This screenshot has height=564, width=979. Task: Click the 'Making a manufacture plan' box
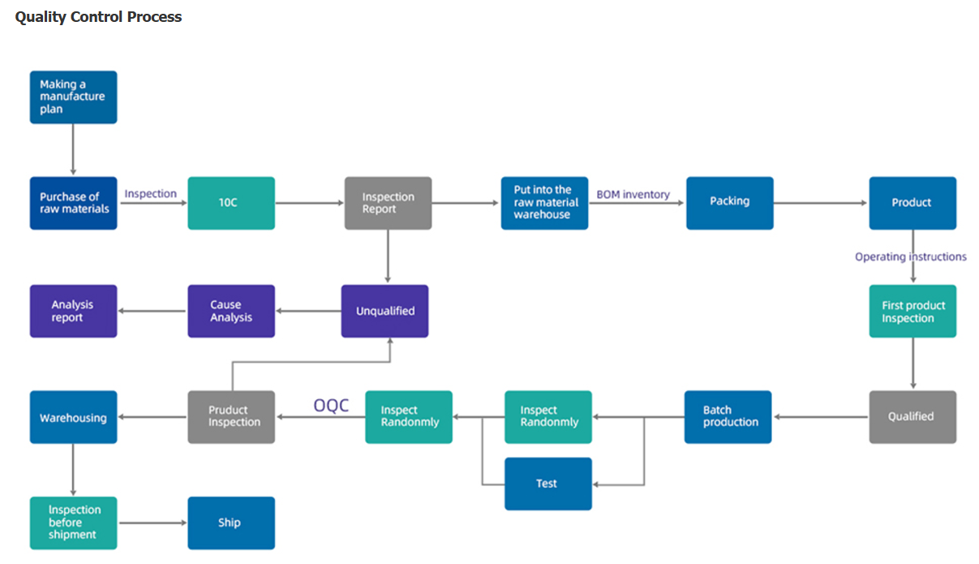click(x=74, y=97)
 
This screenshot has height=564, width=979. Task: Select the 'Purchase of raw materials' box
click(x=74, y=203)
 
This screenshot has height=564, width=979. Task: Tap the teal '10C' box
click(x=231, y=203)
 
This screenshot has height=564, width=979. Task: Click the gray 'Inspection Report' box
click(x=388, y=203)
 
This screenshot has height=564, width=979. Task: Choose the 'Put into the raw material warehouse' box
click(x=544, y=203)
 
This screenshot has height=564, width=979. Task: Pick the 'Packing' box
click(x=730, y=203)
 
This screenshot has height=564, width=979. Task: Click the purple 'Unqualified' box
click(x=384, y=311)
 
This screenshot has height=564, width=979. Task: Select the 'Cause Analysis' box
click(x=231, y=311)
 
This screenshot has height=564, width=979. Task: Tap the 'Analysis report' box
click(x=74, y=311)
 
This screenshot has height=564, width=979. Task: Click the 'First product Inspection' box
click(x=912, y=311)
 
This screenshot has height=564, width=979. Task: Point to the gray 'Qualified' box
click(x=912, y=417)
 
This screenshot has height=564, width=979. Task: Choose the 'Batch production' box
click(x=728, y=417)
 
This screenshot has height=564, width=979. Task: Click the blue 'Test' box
click(x=548, y=484)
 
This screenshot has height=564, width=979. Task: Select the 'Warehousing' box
click(x=74, y=417)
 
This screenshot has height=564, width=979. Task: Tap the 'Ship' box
click(x=231, y=523)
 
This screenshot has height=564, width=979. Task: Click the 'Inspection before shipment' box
click(x=74, y=523)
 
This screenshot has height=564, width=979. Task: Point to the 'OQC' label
click(x=331, y=405)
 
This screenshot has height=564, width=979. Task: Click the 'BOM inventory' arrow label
click(x=633, y=195)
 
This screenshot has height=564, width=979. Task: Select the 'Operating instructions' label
click(x=911, y=256)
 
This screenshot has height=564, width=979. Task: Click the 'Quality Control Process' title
click(x=98, y=17)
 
